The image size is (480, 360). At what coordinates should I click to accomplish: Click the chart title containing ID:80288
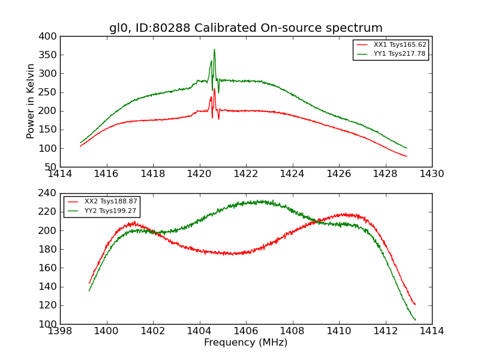pyautogui.click(x=245, y=28)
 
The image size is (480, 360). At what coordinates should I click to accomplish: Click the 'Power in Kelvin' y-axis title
pyautogui.click(x=31, y=101)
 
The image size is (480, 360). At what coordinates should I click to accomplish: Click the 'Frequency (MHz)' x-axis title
pyautogui.click(x=245, y=343)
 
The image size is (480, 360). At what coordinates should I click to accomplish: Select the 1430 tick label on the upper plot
pyautogui.click(x=431, y=174)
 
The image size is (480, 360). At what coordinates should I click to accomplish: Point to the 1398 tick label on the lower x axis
pyautogui.click(x=60, y=331)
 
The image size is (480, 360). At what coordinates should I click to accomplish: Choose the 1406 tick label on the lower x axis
pyautogui.click(x=245, y=331)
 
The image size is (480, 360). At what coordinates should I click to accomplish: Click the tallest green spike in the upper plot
pyautogui.click(x=214, y=50)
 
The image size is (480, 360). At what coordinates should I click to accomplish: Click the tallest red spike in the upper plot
pyautogui.click(x=214, y=89)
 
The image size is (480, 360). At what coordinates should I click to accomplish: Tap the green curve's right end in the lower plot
pyautogui.click(x=415, y=320)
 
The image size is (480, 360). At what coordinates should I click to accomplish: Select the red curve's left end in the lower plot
pyautogui.click(x=89, y=283)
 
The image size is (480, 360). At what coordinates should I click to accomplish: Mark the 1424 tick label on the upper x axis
pyautogui.click(x=292, y=174)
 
